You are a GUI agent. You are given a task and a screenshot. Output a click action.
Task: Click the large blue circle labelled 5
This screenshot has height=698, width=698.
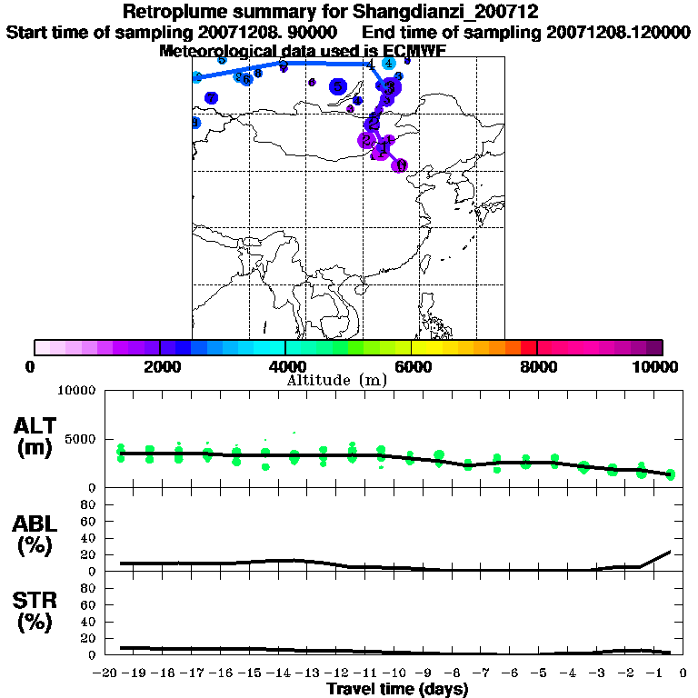338,87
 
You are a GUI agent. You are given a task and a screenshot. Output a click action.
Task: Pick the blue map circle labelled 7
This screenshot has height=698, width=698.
211,98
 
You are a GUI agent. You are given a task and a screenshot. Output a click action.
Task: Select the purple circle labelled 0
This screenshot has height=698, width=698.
399,165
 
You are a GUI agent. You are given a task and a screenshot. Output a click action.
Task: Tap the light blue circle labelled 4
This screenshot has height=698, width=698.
388,64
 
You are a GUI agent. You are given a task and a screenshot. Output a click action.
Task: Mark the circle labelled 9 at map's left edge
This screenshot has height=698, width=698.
194,123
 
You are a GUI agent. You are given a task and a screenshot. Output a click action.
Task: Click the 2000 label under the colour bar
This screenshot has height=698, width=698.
159,366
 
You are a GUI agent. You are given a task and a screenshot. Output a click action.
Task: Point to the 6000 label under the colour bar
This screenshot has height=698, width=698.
411,366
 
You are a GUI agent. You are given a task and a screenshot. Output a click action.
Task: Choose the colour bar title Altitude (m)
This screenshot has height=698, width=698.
337,380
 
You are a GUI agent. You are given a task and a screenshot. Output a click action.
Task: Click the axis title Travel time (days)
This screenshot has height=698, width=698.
397,689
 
